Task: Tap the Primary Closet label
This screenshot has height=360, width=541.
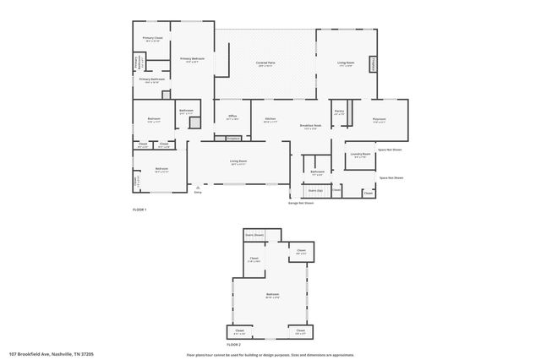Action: click(x=152, y=39)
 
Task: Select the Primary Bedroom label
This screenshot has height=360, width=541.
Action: click(x=192, y=59)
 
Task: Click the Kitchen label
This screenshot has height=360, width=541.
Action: click(x=270, y=119)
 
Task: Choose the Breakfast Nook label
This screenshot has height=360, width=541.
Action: click(x=309, y=127)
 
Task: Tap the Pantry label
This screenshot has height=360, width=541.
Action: click(x=339, y=112)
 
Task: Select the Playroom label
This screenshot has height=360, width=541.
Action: click(x=380, y=120)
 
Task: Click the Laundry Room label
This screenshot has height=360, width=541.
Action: click(x=361, y=155)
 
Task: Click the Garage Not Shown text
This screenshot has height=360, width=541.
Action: click(x=301, y=203)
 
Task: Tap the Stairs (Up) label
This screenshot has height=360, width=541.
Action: click(x=314, y=191)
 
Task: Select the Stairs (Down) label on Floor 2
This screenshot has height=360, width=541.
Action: click(x=254, y=234)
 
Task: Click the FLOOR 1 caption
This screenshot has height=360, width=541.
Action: click(x=139, y=210)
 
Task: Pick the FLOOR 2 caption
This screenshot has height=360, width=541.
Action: click(x=233, y=345)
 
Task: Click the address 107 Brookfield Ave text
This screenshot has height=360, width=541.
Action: click(x=51, y=355)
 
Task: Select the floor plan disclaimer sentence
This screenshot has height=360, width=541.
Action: click(x=270, y=355)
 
